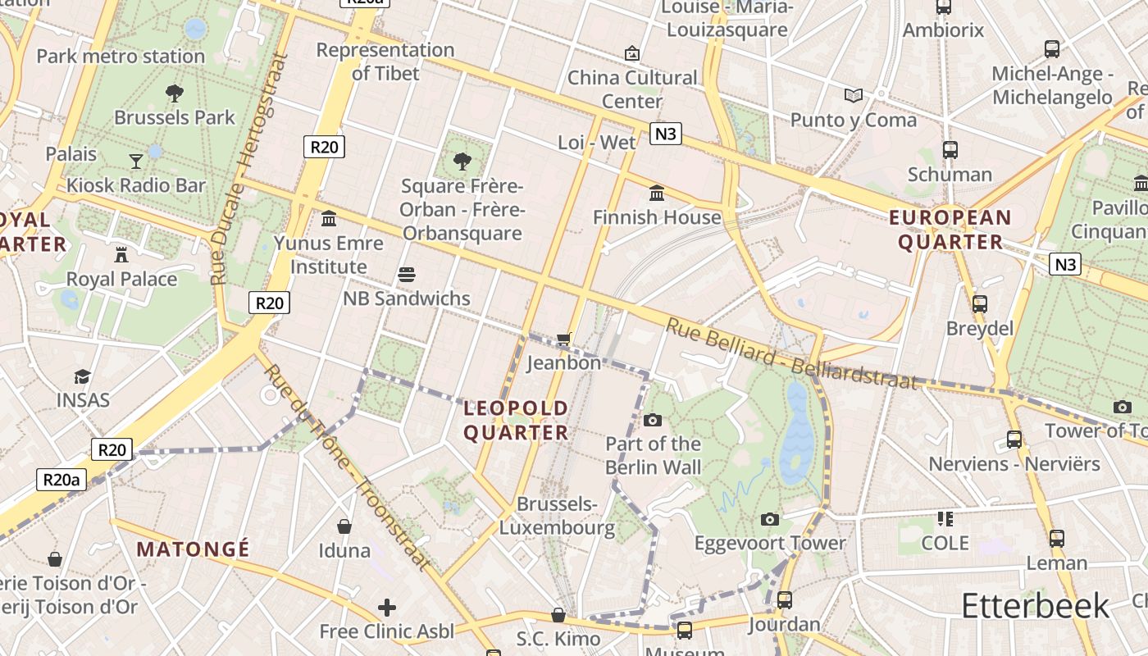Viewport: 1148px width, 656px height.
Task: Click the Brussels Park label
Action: tap(174, 117)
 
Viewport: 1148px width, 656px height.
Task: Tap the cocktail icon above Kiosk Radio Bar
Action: tap(136, 161)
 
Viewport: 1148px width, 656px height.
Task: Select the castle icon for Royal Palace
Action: tap(121, 254)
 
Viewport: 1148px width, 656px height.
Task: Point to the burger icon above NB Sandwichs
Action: tap(407, 274)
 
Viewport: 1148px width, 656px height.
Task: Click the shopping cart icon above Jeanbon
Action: tap(563, 339)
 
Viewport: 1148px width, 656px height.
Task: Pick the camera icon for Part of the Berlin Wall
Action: tap(653, 420)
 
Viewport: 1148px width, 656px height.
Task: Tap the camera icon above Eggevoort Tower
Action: tap(769, 519)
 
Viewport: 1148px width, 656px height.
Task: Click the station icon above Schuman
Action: tap(950, 150)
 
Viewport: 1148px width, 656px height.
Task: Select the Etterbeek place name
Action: tap(1035, 606)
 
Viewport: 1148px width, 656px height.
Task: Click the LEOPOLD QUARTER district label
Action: tap(516, 420)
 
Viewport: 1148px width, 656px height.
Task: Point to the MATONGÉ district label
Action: tap(193, 549)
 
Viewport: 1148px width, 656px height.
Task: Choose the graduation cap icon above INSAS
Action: tap(82, 376)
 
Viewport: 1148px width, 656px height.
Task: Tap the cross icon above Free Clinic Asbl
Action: tap(386, 608)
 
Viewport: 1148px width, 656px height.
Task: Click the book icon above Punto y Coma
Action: tap(854, 95)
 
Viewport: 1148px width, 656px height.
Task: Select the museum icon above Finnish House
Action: tap(657, 194)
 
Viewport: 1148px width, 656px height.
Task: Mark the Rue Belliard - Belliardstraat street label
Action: tap(790, 353)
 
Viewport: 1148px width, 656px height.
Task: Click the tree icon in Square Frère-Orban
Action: tap(462, 160)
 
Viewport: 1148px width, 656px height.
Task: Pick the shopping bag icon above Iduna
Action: tap(344, 526)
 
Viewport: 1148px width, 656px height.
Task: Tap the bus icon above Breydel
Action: tap(979, 304)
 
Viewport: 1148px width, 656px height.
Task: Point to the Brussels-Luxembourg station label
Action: tap(557, 516)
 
